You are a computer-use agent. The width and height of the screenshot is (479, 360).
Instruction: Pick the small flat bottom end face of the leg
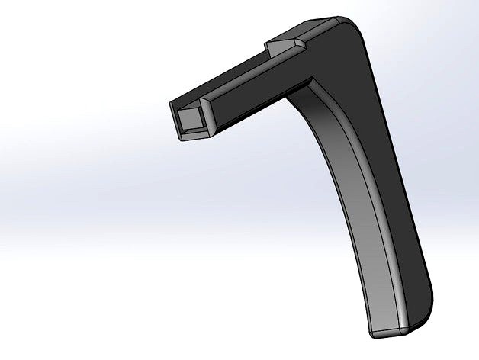pyautogui.click(x=391, y=333)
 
